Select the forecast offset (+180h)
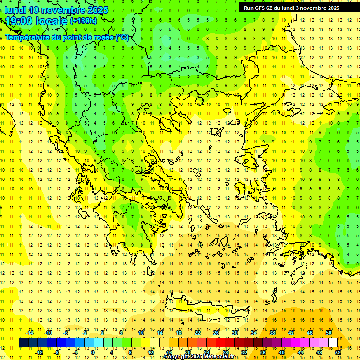click(x=83, y=21)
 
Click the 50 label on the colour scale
click(x=328, y=333)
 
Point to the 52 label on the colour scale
click(x=338, y=352)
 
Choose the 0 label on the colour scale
click(x=92, y=352)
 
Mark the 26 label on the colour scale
click(x=216, y=333)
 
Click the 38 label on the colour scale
click(x=272, y=333)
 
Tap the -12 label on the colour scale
click(x=39, y=352)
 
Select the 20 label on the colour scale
click(x=187, y=352)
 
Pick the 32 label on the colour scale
click(x=244, y=352)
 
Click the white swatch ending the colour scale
click(x=333, y=343)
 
